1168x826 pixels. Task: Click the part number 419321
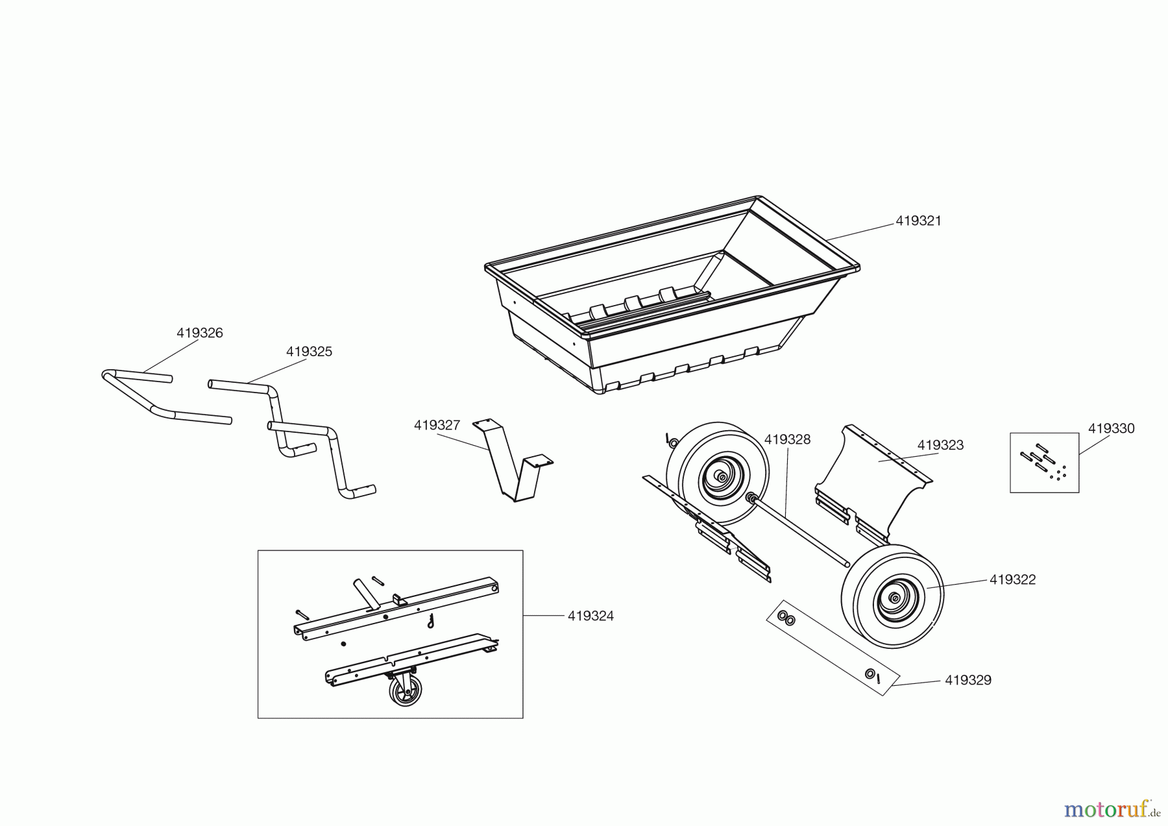point(918,221)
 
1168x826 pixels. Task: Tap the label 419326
point(199,333)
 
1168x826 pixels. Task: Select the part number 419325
point(309,352)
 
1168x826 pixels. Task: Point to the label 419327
point(437,426)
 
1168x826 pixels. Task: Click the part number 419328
point(787,439)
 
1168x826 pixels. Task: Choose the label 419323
point(940,445)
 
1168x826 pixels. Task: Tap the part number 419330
point(1111,428)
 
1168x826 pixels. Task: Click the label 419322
point(1012,580)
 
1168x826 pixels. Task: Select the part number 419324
point(590,616)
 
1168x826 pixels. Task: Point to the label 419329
point(967,680)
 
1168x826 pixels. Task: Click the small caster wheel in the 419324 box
point(406,690)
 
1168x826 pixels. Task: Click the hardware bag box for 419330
point(1044,463)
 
